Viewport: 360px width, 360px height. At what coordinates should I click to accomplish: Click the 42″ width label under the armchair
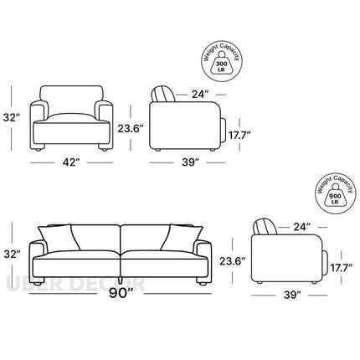pos(71,162)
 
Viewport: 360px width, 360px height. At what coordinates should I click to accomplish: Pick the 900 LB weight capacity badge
pos(336,193)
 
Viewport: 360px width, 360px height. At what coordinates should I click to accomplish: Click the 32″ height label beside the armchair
pos(12,117)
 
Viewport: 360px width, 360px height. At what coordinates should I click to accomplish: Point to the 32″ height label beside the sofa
pos(12,255)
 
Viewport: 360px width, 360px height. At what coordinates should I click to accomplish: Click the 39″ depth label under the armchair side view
pos(191,162)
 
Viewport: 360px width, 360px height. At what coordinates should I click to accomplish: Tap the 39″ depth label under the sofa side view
pos(292,295)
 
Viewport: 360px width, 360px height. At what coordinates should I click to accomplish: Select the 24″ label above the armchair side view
pos(200,95)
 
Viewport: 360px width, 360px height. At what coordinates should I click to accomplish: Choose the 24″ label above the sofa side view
pos(301,227)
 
